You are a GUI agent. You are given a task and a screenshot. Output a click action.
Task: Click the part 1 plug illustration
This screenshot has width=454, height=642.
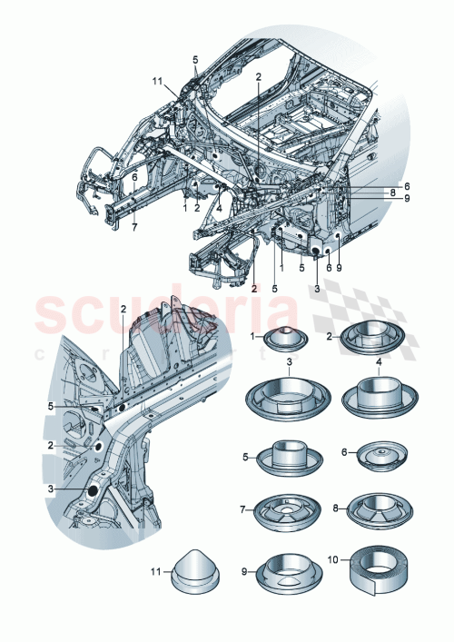(x=289, y=341)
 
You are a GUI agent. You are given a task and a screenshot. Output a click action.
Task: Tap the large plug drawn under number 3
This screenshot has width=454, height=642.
(x=288, y=397)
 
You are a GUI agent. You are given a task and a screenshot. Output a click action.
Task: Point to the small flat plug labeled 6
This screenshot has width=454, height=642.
(x=374, y=457)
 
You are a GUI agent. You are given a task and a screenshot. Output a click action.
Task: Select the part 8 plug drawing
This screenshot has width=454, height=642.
(x=374, y=511)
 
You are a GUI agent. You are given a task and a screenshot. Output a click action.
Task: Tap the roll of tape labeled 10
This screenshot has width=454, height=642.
(x=373, y=574)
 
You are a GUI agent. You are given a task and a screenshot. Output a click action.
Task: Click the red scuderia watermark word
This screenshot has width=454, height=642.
(x=163, y=316)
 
